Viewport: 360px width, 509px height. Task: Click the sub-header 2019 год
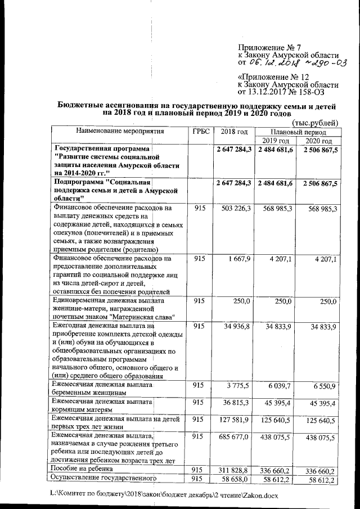276,140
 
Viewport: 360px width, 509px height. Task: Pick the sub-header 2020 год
318,140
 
